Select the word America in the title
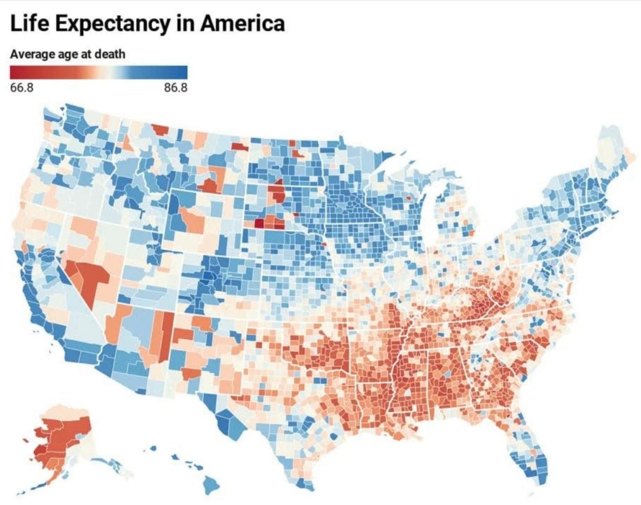[x=242, y=24]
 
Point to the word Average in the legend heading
[x=31, y=54]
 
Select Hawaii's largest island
[x=211, y=484]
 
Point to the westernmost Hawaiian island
[x=151, y=448]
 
